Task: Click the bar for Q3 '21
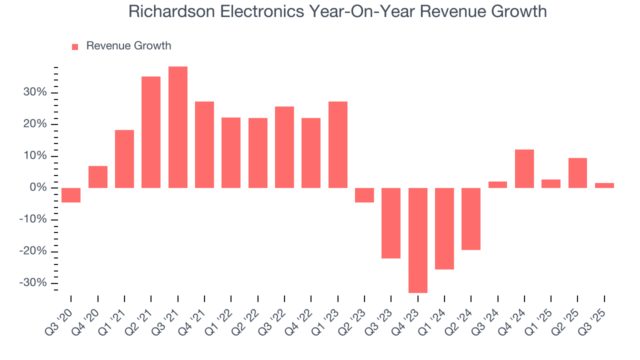[x=178, y=127]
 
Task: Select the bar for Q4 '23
[x=418, y=240]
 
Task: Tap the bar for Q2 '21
[x=151, y=132]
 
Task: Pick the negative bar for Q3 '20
[x=71, y=195]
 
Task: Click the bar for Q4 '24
[x=524, y=168]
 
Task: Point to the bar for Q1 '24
[x=444, y=228]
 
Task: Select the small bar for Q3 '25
[x=604, y=185]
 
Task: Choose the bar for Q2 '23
[x=364, y=195]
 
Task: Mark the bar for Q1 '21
[x=124, y=159]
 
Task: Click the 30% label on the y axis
[x=34, y=92]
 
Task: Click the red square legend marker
[x=75, y=46]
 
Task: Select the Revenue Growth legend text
[x=128, y=46]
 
